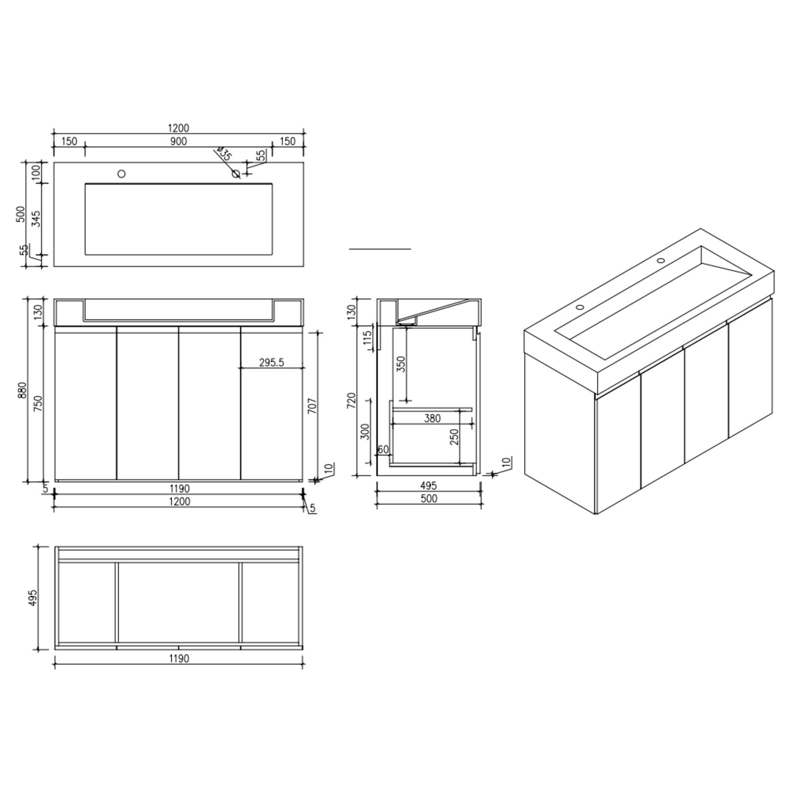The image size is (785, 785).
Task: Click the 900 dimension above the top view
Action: pos(178,141)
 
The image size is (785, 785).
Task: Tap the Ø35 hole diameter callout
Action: pos(223,153)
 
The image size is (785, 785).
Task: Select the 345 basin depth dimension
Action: pos(36,218)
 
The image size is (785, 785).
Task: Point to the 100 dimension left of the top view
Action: pos(36,172)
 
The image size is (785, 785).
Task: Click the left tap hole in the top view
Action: pos(121,174)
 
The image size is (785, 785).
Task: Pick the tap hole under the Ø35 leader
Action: pos(236,174)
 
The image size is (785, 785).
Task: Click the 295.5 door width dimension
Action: pos(272,362)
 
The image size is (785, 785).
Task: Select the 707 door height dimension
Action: pos(312,407)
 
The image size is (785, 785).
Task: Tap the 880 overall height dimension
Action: pos(22,390)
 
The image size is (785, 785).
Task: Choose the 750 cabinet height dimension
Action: pos(38,404)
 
